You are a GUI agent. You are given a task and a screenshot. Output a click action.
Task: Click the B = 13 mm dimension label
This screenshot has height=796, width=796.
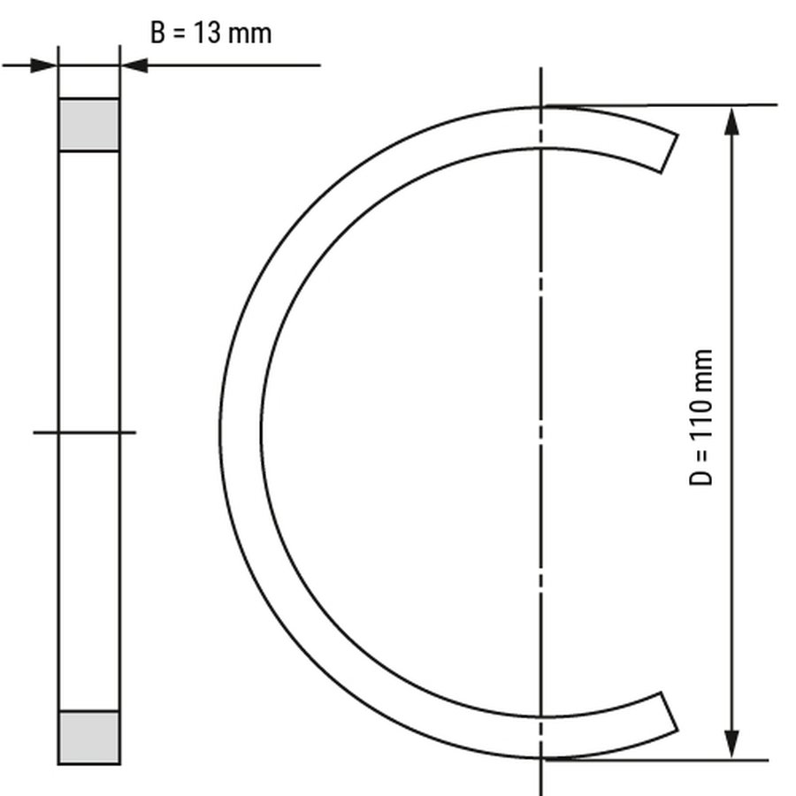pos(211,33)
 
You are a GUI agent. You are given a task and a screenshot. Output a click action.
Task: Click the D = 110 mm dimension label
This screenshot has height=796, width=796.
pos(701,417)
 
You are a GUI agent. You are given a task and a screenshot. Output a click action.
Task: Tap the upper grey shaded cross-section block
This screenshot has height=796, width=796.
pos(89,125)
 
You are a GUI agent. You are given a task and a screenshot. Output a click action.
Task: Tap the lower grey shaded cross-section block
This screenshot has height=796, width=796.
pos(89,737)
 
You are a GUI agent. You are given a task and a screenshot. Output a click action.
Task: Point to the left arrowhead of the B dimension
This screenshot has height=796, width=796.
pos(43,65)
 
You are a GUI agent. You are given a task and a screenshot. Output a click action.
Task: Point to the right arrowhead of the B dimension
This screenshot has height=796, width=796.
pos(134,65)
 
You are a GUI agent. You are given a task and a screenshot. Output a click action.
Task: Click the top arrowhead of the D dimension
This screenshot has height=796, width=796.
pos(731,121)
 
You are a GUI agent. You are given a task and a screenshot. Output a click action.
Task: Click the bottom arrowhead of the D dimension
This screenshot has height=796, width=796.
pos(731,745)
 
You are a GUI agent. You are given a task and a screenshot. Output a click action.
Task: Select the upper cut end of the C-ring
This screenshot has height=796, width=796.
pos(670,154)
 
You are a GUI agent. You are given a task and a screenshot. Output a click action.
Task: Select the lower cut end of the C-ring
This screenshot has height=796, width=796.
pos(670,711)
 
